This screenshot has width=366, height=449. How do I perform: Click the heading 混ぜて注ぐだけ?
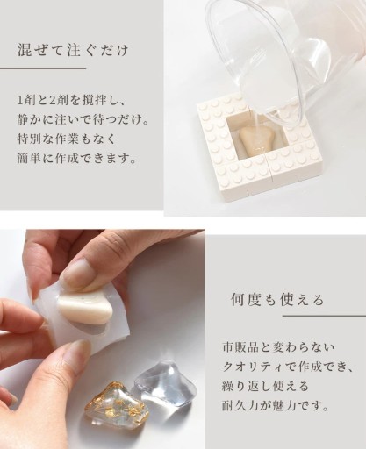73,51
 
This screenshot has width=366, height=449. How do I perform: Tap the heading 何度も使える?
277,299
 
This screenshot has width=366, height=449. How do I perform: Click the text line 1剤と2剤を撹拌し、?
71,101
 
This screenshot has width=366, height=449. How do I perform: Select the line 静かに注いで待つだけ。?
83,120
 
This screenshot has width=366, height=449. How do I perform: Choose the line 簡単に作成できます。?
77,158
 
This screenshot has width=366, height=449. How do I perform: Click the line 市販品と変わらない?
278,348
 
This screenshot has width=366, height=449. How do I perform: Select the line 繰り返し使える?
266,386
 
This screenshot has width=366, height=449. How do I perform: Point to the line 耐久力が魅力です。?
276,405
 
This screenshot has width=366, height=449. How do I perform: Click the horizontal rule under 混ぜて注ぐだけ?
43,69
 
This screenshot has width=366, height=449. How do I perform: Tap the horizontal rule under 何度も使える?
324,316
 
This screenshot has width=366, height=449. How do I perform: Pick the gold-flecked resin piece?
111,402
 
